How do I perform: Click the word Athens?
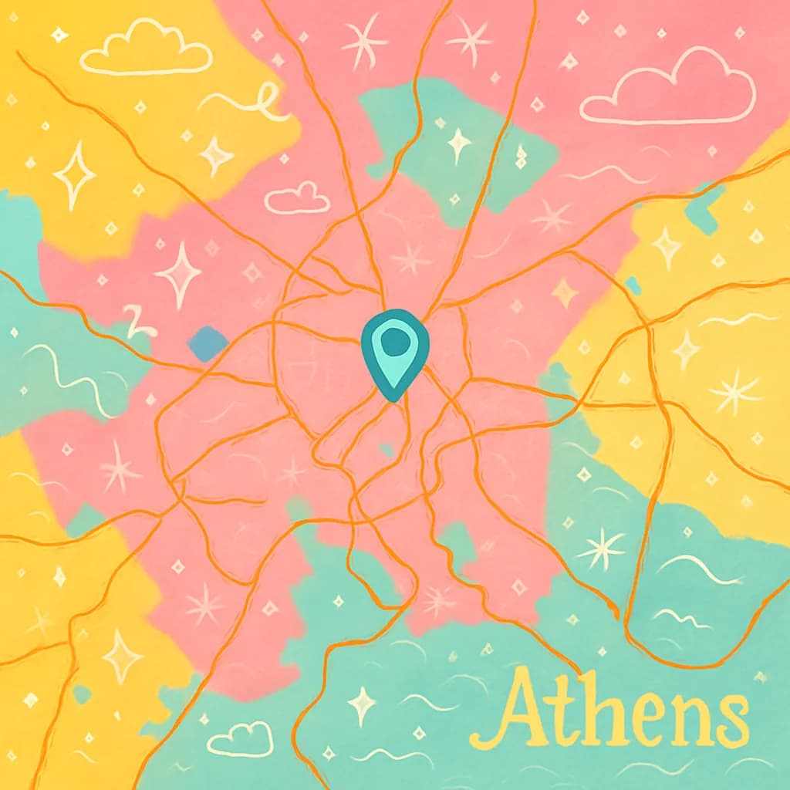(x=609, y=710)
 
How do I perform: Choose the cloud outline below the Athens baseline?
(x=240, y=738)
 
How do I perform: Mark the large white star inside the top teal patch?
(x=459, y=143)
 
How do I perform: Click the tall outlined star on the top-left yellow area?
(x=75, y=175)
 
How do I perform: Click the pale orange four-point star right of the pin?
(x=565, y=292)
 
